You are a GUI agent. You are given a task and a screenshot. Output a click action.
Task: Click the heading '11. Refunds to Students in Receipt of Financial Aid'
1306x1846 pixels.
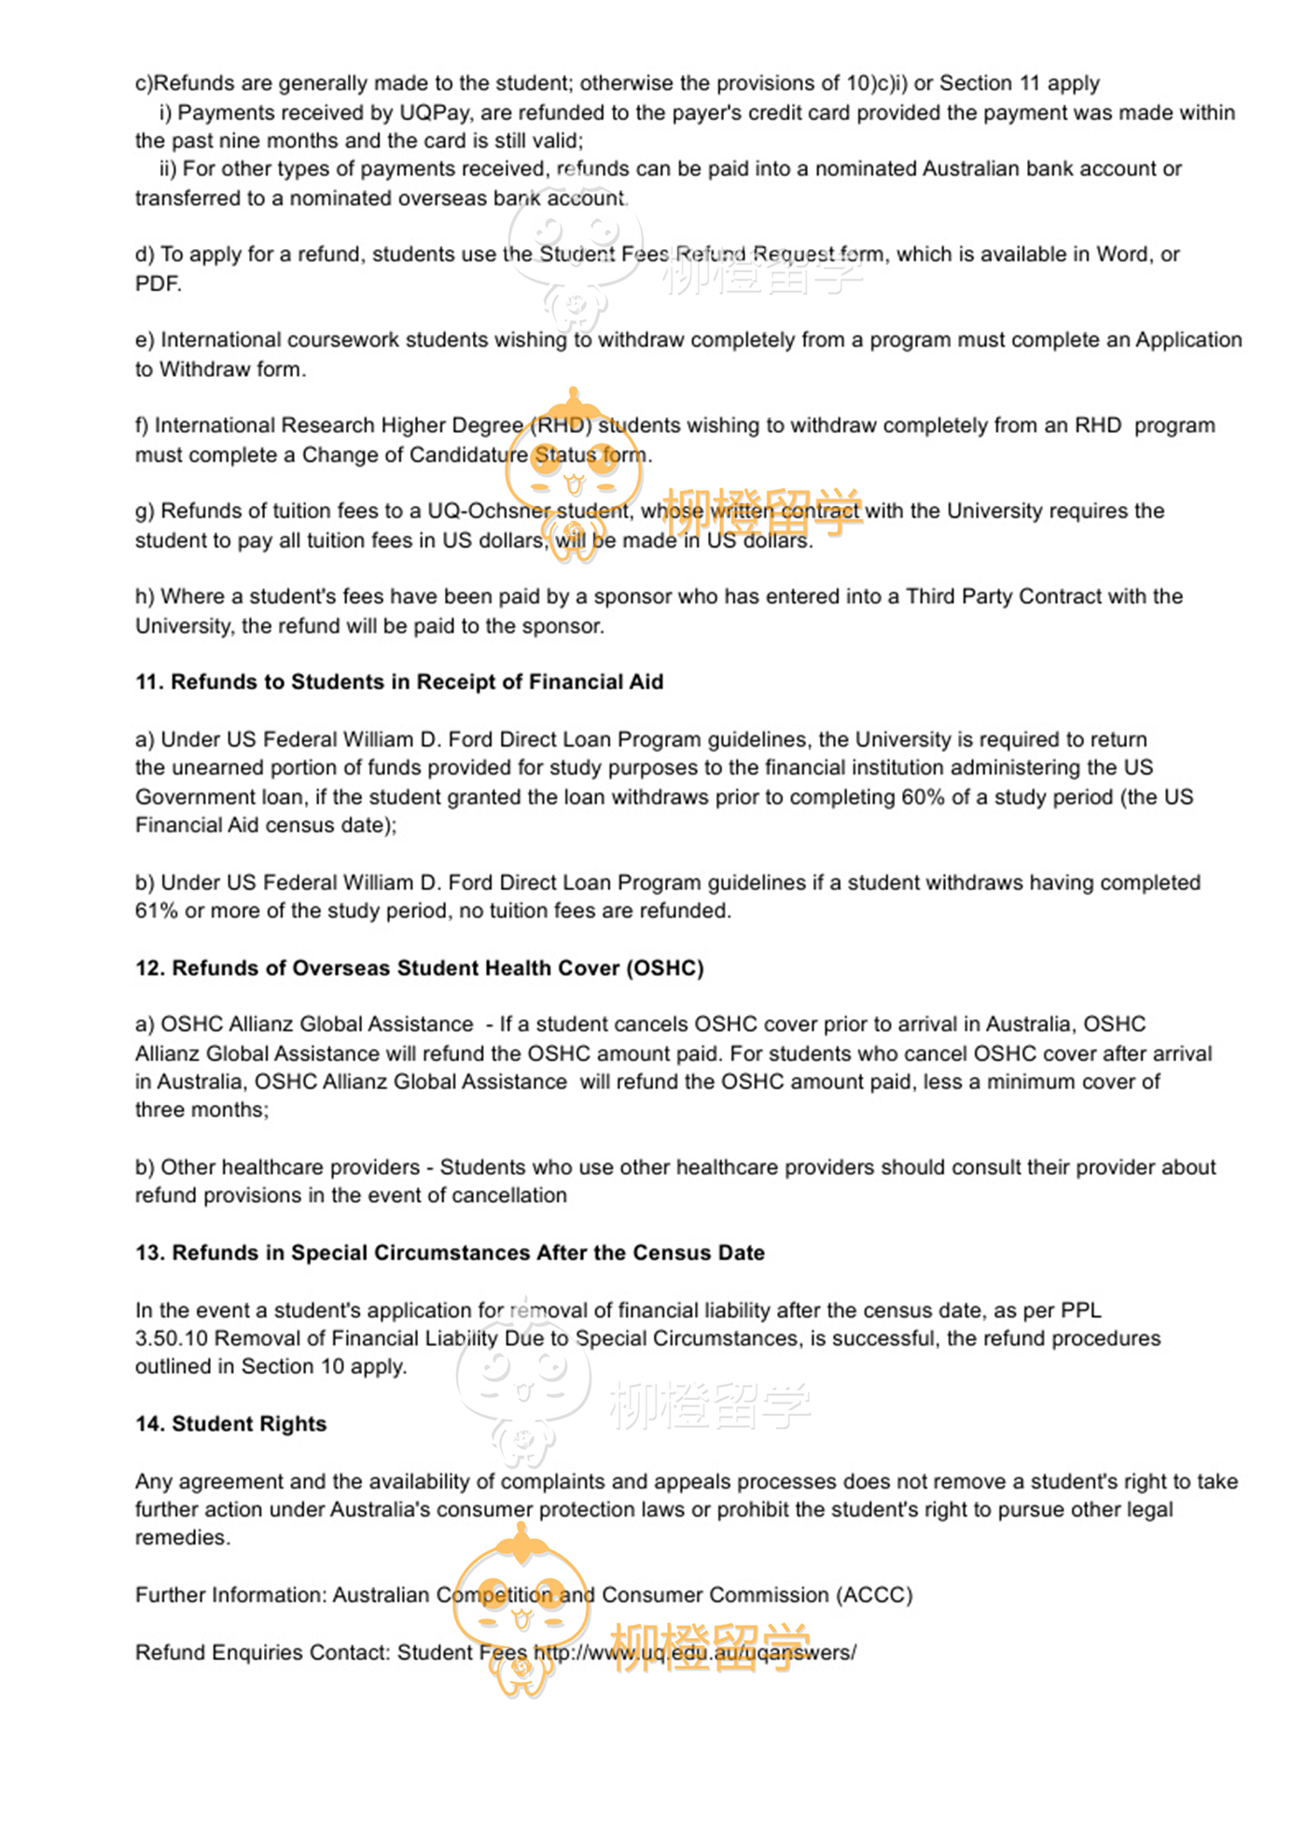click(x=399, y=682)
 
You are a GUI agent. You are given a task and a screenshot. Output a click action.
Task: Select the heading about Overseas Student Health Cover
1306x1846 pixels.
click(x=419, y=968)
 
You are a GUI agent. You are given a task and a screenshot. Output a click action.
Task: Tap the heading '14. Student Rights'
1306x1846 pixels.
click(x=230, y=1424)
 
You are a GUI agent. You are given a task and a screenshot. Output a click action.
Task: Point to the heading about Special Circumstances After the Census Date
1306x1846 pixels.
click(x=450, y=1252)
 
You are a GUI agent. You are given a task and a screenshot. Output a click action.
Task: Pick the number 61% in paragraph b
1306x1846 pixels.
click(x=156, y=911)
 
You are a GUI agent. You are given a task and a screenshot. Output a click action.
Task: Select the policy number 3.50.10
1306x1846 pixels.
click(x=171, y=1338)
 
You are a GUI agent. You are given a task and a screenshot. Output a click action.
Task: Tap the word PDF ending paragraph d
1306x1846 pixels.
click(x=157, y=284)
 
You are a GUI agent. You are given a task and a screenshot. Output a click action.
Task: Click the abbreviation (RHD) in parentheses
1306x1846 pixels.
click(x=561, y=426)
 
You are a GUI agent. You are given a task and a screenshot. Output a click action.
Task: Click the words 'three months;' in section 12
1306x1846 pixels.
click(x=201, y=1110)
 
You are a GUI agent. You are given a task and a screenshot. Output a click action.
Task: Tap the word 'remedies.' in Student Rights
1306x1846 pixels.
click(x=183, y=1538)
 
